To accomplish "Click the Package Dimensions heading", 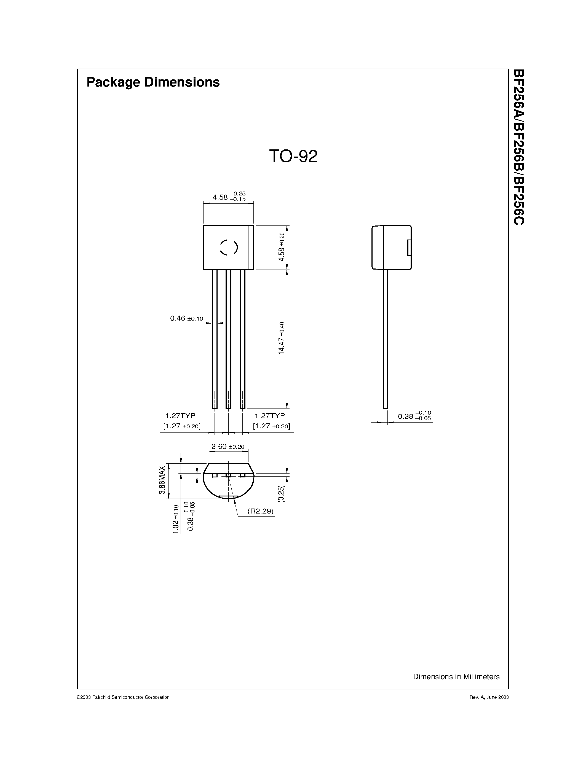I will pos(153,82).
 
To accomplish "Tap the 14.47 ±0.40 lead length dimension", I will pos(282,338).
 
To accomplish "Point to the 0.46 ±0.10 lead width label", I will pos(186,318).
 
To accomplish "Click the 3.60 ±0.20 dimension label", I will pos(228,447).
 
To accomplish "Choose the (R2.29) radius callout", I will pos(260,511).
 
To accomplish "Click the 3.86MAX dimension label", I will pos(162,480).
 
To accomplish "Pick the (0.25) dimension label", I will pos(281,494).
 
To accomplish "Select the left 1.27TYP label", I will pos(180,415).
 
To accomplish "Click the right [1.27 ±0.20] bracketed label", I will pos(271,426).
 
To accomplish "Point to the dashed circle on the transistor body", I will pos(229,248).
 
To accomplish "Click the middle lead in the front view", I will pos(228,338).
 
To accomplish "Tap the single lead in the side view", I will pos(385,338).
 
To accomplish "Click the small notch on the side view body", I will pos(409,248).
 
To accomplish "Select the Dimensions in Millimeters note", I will pos(456,676).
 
